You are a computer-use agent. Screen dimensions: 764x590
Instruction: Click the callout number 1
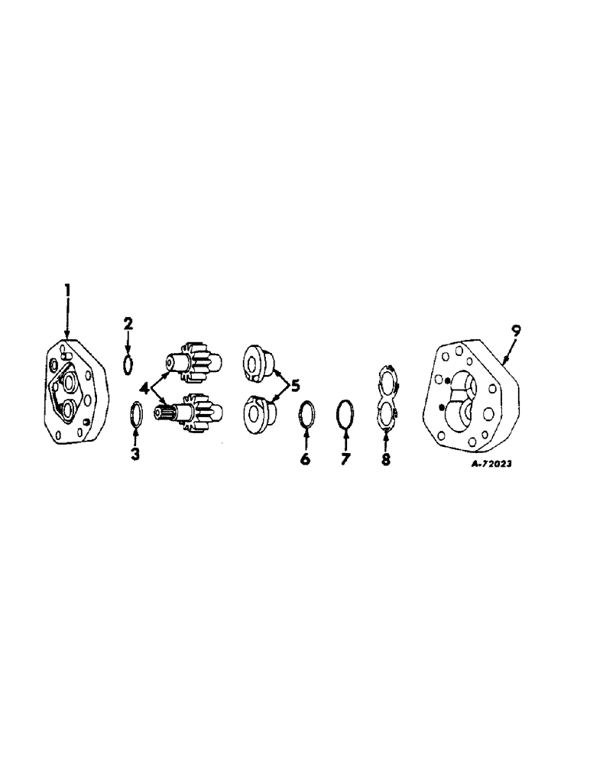pyautogui.click(x=67, y=290)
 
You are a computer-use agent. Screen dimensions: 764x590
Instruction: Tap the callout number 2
pyautogui.click(x=128, y=324)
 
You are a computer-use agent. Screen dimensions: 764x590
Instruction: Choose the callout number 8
pyautogui.click(x=387, y=460)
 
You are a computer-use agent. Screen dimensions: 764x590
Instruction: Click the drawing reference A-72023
pyautogui.click(x=488, y=463)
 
